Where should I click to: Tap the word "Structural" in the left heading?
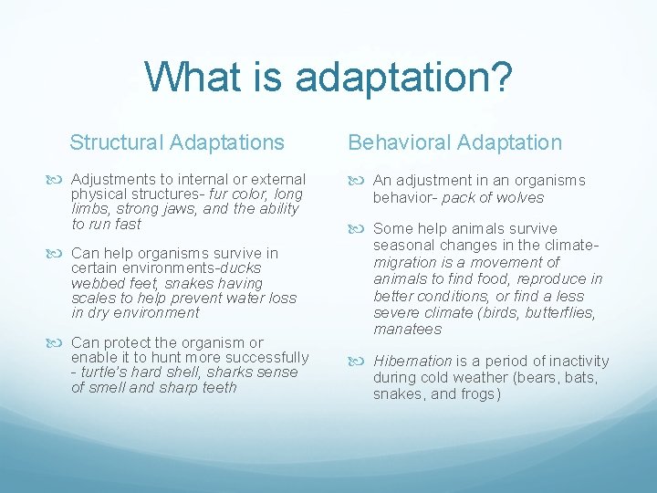point(115,142)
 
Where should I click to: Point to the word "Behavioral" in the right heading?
point(399,142)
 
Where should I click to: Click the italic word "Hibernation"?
point(412,362)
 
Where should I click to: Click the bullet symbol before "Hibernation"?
point(358,362)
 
